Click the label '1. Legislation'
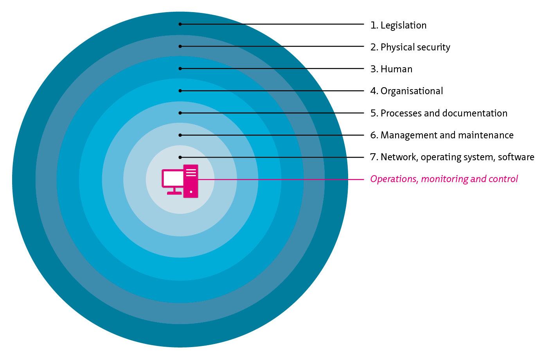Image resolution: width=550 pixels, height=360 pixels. pos(398,25)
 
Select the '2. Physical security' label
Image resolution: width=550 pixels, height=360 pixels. pos(410,47)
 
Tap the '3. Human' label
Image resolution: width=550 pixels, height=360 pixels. pos(391,69)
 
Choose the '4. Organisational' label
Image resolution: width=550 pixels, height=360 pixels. pos(406,91)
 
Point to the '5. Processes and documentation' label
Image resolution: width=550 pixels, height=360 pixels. pos(439,113)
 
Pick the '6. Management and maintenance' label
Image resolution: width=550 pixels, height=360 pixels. pos(442,135)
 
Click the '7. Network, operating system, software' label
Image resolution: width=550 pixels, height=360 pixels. pos(452,157)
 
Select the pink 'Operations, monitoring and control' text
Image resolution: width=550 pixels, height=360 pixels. pos(444,179)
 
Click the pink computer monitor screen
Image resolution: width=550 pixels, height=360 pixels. pos(173,179)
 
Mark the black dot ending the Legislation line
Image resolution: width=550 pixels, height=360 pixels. pos(180,24)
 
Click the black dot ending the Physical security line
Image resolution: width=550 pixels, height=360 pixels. pos(180,47)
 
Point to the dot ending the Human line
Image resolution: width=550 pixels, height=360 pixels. pos(180,68)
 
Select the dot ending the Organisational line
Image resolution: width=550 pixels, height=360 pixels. pos(180,91)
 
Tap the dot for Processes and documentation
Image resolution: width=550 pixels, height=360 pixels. pos(180,113)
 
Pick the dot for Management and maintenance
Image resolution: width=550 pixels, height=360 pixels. pos(180,135)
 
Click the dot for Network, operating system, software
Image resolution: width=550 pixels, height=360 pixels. pos(180,157)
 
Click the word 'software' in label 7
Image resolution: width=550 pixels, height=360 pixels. pos(516,157)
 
